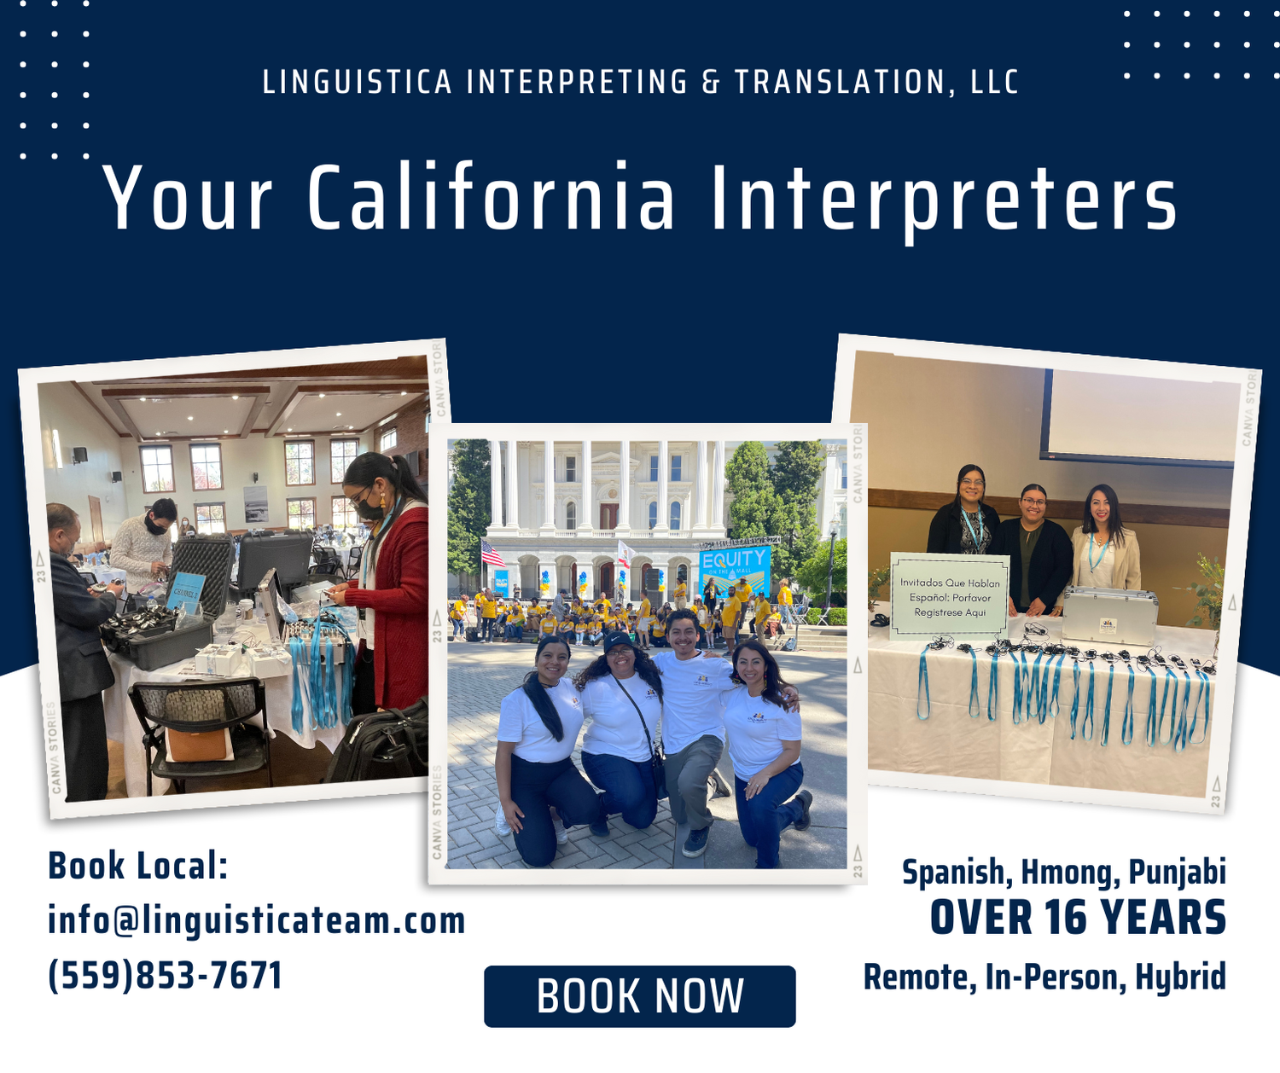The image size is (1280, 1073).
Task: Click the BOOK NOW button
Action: point(640,996)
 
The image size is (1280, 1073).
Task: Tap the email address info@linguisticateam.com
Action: point(256,920)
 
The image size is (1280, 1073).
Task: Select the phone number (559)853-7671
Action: point(165,976)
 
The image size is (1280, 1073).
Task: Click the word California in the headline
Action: point(492,198)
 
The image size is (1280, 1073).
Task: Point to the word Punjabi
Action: point(1177,873)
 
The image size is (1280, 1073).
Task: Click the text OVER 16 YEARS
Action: point(1078,919)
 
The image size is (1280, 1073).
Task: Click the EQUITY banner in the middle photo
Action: point(734,568)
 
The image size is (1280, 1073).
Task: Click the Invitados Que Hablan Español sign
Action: point(950,596)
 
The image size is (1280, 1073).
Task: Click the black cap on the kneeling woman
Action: point(619,641)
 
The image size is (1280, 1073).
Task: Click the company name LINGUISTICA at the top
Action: point(357,83)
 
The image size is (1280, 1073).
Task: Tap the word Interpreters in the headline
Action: point(944,198)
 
